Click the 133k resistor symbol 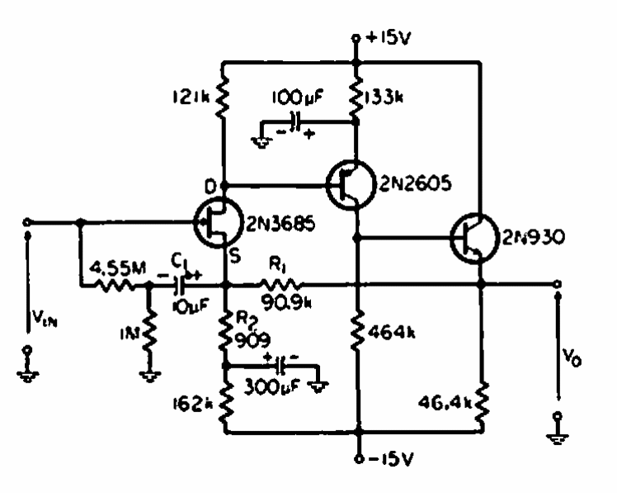tap(356, 98)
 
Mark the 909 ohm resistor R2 tap(224, 330)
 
